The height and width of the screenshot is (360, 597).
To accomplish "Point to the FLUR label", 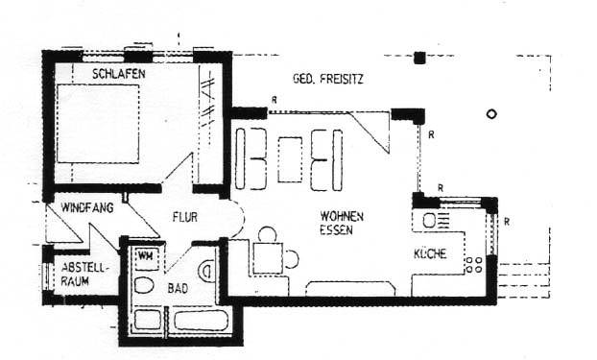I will (185, 218).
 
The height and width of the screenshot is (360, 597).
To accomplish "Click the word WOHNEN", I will (342, 217).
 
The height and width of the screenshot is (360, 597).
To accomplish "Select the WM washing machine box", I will (146, 256).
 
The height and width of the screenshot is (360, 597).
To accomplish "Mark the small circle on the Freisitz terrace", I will (492, 113).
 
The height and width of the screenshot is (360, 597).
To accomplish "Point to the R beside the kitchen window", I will (506, 224).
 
